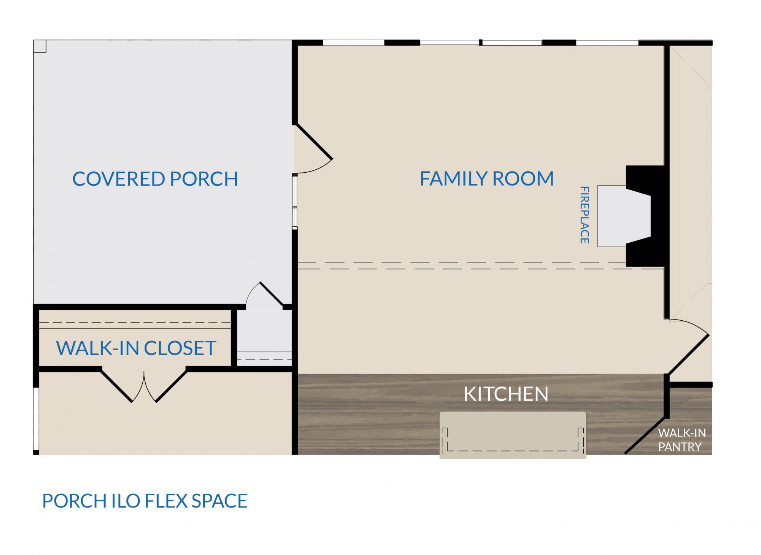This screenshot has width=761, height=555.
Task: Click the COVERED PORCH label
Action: pos(155,179)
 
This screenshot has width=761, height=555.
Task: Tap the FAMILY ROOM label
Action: pos(487,179)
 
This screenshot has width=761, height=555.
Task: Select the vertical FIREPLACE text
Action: pos(584,215)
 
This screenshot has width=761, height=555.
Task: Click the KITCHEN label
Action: pos(506,394)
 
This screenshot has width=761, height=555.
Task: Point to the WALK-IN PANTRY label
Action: pos(682,440)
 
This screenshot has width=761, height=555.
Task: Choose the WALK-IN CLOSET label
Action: pos(136,348)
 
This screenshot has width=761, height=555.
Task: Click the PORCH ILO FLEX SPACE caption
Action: pos(145,501)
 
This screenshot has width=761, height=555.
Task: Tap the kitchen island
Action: pos(513,435)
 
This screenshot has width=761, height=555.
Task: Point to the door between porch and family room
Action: pos(314,148)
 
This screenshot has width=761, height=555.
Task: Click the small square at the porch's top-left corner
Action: pos(40,46)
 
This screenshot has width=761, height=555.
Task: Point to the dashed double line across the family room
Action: pos(480,266)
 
